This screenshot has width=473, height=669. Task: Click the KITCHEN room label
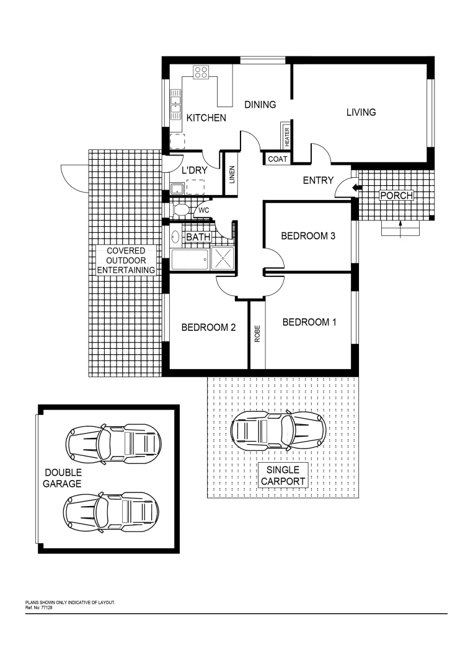click(x=206, y=118)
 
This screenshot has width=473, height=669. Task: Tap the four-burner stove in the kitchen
click(x=201, y=72)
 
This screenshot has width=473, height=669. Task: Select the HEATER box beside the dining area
click(x=287, y=136)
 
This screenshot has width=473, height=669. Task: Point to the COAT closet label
click(x=277, y=159)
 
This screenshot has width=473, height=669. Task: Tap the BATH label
click(x=198, y=237)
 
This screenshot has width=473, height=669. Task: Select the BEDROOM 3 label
click(x=308, y=236)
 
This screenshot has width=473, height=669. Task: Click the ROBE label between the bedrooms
click(x=257, y=334)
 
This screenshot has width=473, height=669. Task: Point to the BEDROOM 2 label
click(x=208, y=328)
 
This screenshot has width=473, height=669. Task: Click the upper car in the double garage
click(x=113, y=444)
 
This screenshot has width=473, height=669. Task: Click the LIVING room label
click(x=361, y=112)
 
